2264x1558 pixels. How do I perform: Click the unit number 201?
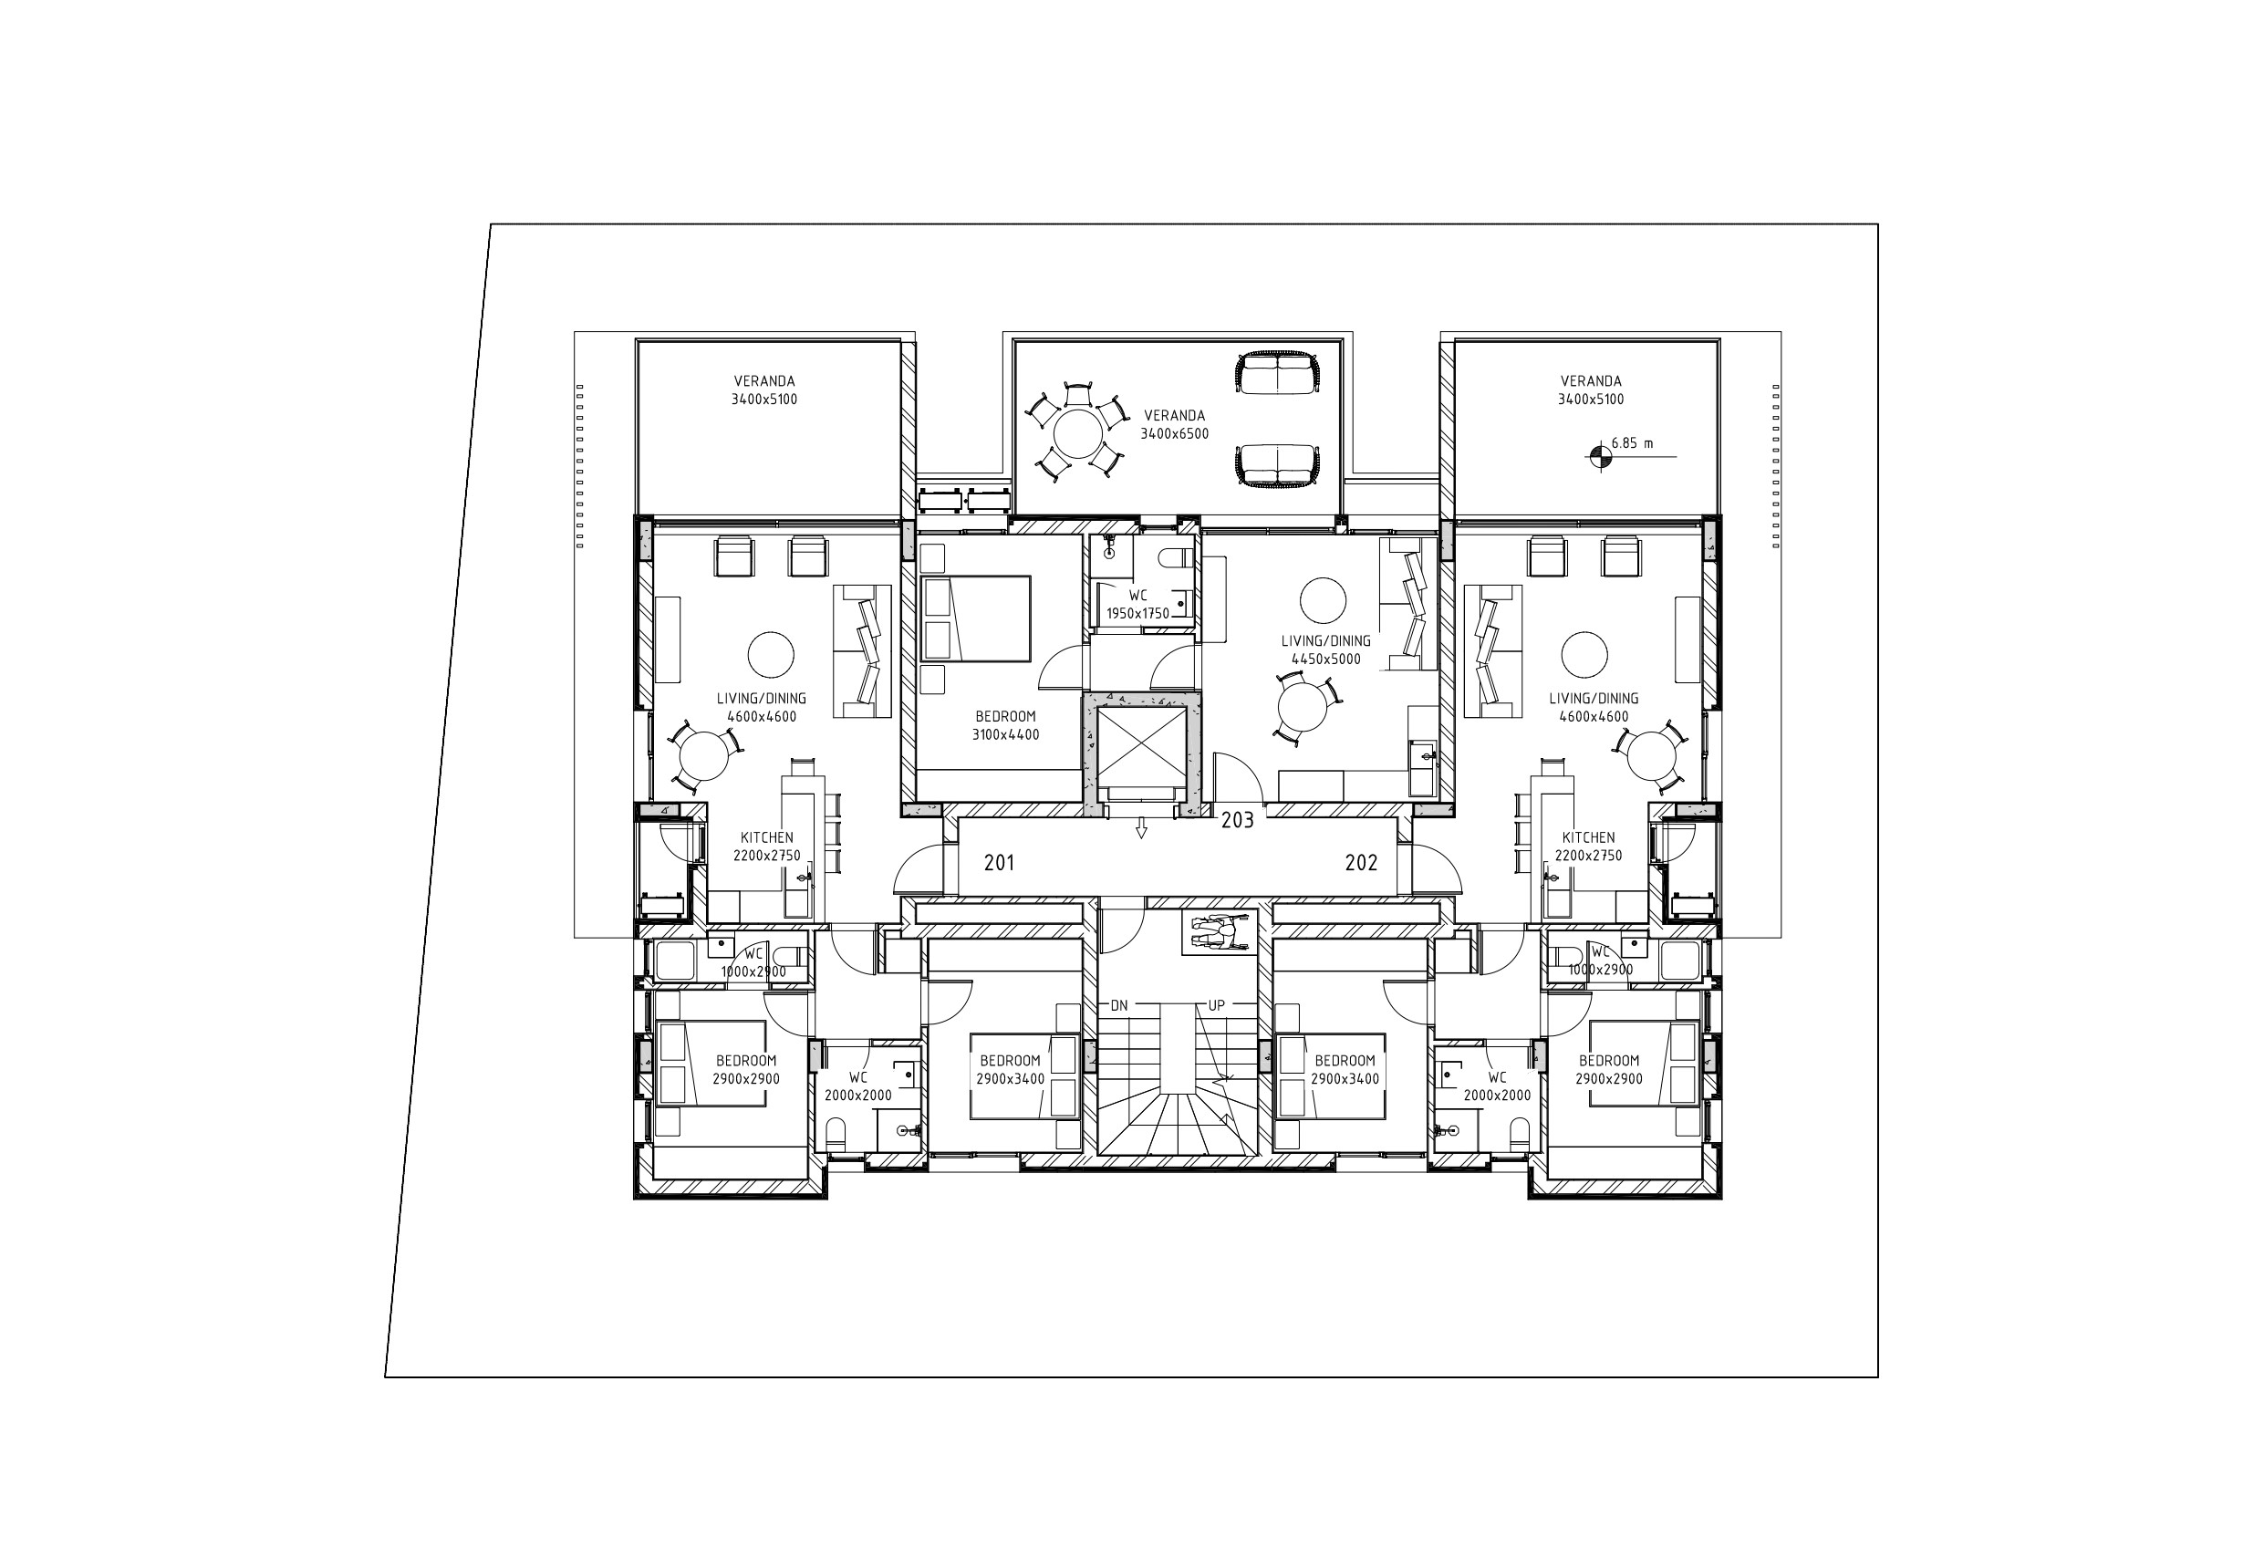[999, 863]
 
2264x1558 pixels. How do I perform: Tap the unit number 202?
[1361, 863]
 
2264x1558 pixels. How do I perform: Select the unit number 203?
[1237, 820]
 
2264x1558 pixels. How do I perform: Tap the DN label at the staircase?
[1119, 1005]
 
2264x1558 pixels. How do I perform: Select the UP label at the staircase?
[1217, 1005]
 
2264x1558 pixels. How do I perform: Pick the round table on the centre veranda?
[1078, 433]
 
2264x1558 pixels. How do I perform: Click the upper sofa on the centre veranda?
[1276, 372]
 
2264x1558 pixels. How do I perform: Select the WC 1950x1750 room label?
[1137, 604]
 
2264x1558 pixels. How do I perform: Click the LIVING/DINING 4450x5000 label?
[1325, 650]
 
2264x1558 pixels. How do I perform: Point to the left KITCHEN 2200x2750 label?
[766, 847]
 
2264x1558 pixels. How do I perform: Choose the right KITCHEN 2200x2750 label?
[1588, 847]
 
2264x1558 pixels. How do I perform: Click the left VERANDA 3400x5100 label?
[764, 390]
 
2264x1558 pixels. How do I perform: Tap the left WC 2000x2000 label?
[858, 1086]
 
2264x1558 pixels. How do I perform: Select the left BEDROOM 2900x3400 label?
[1011, 1070]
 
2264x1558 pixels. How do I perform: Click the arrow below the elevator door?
[1139, 829]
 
